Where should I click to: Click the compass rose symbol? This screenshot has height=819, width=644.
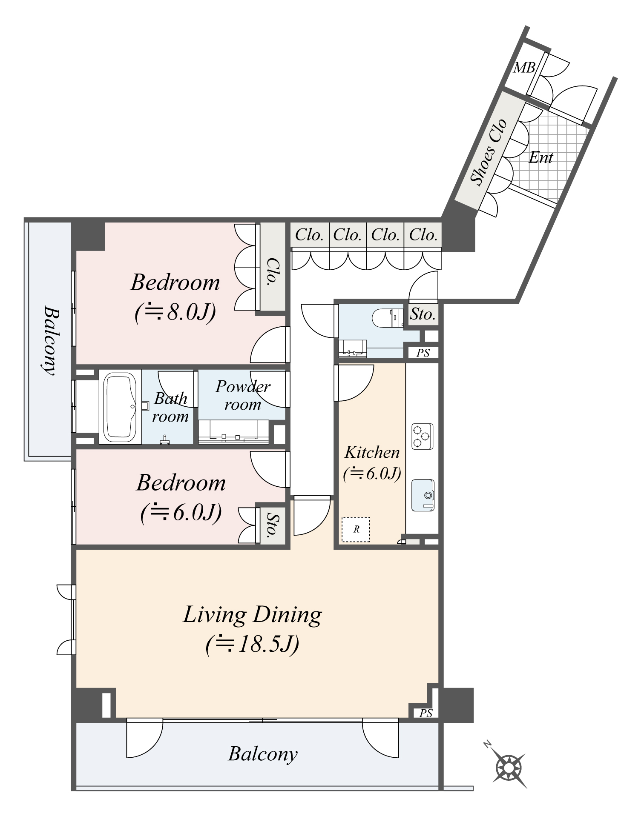509,768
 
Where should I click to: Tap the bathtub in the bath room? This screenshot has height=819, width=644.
121,407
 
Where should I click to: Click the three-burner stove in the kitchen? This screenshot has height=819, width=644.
422,436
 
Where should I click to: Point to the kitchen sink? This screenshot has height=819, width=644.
423,495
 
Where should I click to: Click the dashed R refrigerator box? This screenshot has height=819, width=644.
356,529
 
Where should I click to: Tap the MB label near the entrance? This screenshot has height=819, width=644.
524,68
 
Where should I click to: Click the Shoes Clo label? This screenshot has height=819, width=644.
489,152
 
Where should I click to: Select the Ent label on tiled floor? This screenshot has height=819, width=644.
540,158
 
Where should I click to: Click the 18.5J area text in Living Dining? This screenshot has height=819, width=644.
252,644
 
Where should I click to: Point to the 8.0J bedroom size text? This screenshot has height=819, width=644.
175,313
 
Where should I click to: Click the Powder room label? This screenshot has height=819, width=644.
243,395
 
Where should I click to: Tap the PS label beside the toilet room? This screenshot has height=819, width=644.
423,353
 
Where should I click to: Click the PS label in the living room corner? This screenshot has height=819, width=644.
426,713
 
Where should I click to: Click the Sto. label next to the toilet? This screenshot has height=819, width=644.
423,314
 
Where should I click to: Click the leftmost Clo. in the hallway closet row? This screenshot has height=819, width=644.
309,234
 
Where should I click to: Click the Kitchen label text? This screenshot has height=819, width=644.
372,452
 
